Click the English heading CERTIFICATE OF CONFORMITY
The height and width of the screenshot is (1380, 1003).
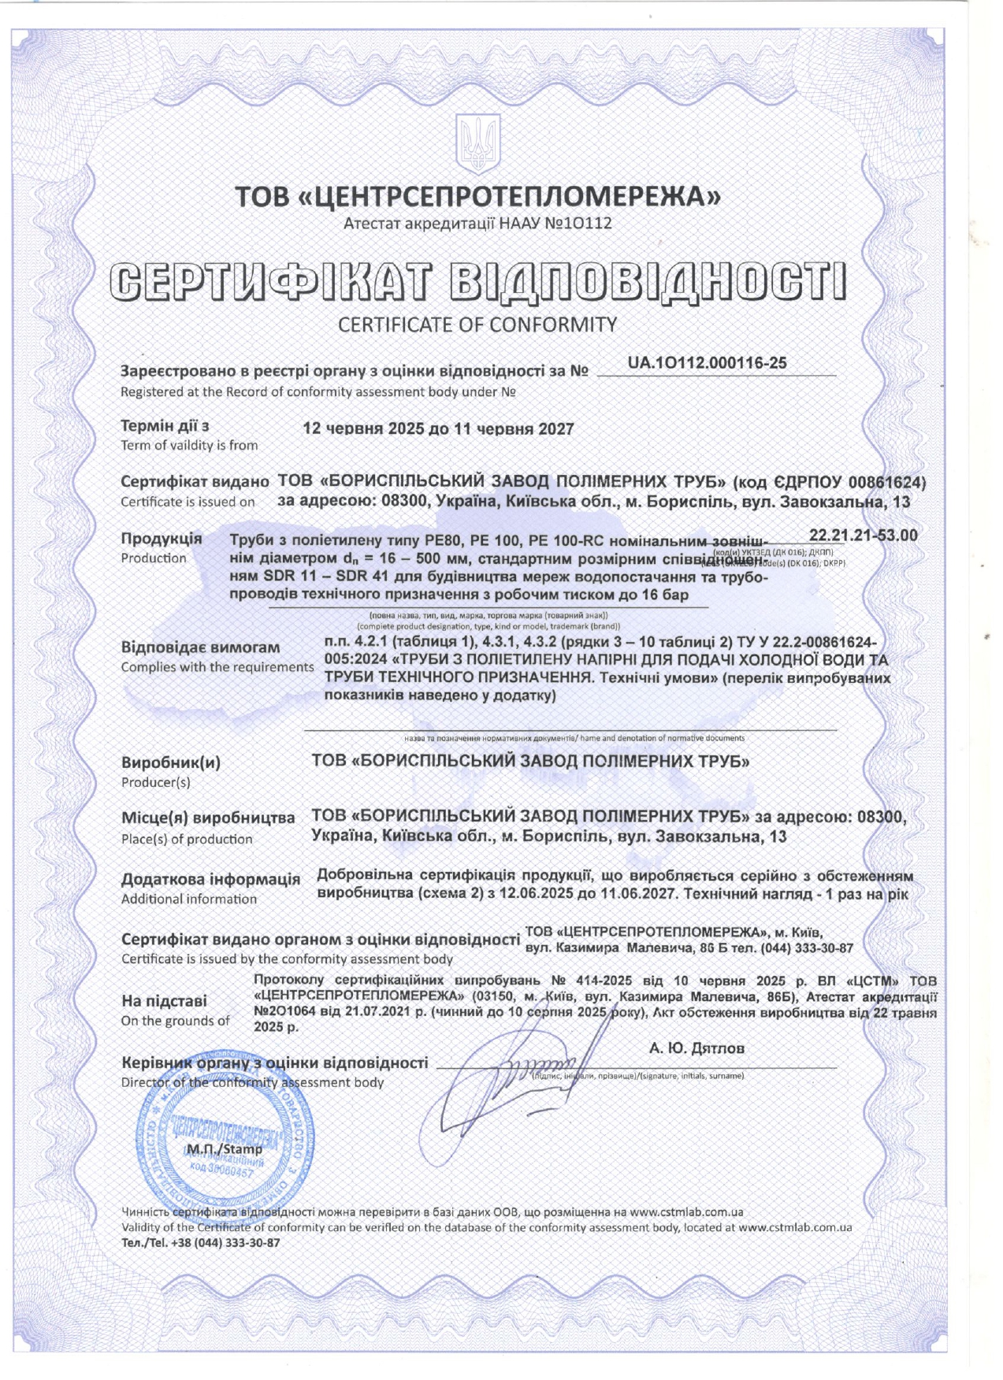coord(477,325)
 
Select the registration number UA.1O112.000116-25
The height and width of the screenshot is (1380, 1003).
coord(707,363)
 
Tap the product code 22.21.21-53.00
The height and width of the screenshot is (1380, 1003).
coord(863,536)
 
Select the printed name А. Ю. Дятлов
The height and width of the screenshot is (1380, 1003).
coord(697,1048)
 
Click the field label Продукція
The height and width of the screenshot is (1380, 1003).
coord(162,539)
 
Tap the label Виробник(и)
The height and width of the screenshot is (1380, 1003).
coord(171,762)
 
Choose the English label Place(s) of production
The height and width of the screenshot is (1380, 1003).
coord(187,839)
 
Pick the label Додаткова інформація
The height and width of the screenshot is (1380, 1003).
coord(210,879)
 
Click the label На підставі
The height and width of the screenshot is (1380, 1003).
coord(164,1001)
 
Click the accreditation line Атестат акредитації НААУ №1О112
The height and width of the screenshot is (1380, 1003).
coord(477,224)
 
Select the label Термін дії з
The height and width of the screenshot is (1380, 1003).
coord(165,426)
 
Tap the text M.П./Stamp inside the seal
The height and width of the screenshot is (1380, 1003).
coord(225,1149)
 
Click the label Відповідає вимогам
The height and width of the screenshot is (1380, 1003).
coord(200,647)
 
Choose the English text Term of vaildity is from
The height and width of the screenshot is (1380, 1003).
coord(189,445)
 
